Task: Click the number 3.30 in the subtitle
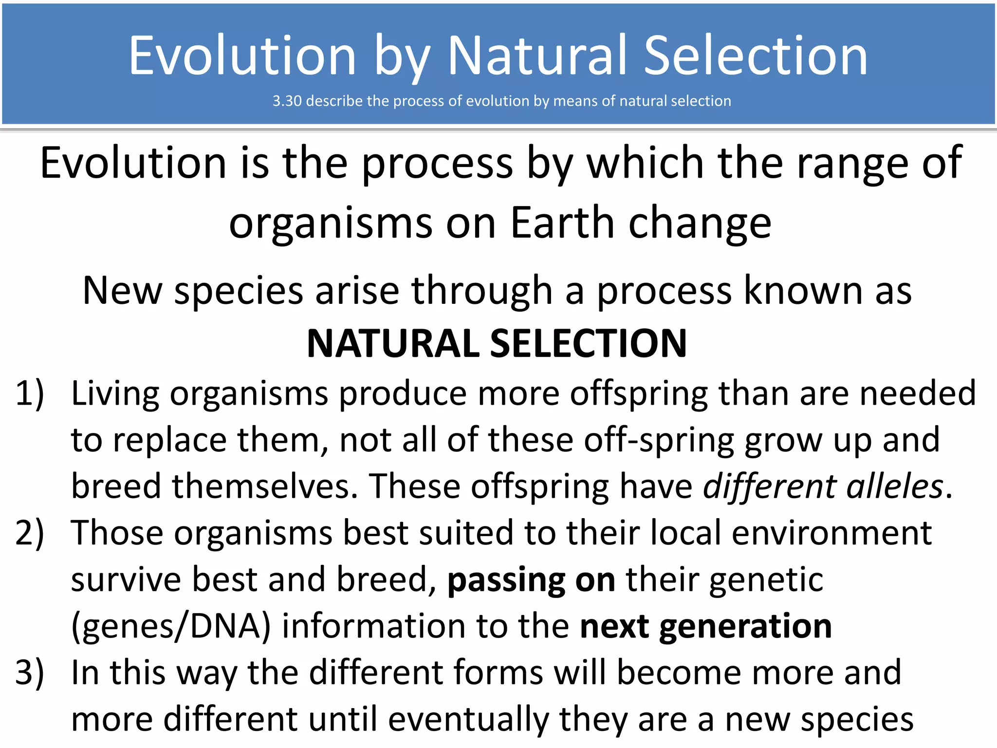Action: [x=287, y=101]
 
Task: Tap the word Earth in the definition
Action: [x=563, y=223]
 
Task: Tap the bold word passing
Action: [x=506, y=580]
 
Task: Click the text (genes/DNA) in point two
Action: [x=170, y=626]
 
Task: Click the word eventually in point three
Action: [x=468, y=719]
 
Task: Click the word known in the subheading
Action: [x=803, y=291]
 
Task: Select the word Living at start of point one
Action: [x=115, y=393]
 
